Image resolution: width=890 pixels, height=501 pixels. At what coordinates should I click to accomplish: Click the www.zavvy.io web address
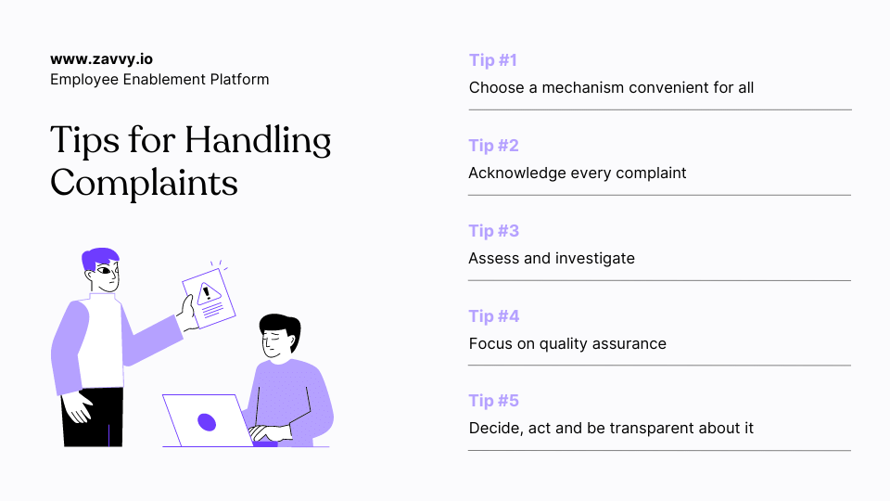click(102, 58)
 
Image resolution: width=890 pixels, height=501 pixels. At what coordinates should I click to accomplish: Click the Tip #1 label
click(492, 60)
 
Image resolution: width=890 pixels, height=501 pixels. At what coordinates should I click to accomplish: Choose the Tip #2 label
click(493, 146)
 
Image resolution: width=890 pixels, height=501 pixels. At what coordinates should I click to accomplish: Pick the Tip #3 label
click(493, 231)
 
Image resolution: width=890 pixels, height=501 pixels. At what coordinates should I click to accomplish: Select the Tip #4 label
click(493, 316)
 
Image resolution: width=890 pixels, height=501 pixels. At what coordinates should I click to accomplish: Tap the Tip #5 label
click(493, 401)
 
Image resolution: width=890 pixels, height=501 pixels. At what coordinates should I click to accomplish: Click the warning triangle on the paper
click(210, 294)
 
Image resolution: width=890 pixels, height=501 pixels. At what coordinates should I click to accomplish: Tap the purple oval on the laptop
click(207, 423)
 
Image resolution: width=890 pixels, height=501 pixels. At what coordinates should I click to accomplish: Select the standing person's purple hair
click(99, 257)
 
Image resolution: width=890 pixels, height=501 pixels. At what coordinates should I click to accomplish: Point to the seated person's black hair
click(279, 326)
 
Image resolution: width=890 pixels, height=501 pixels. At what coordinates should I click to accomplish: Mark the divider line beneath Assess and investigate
click(659, 280)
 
